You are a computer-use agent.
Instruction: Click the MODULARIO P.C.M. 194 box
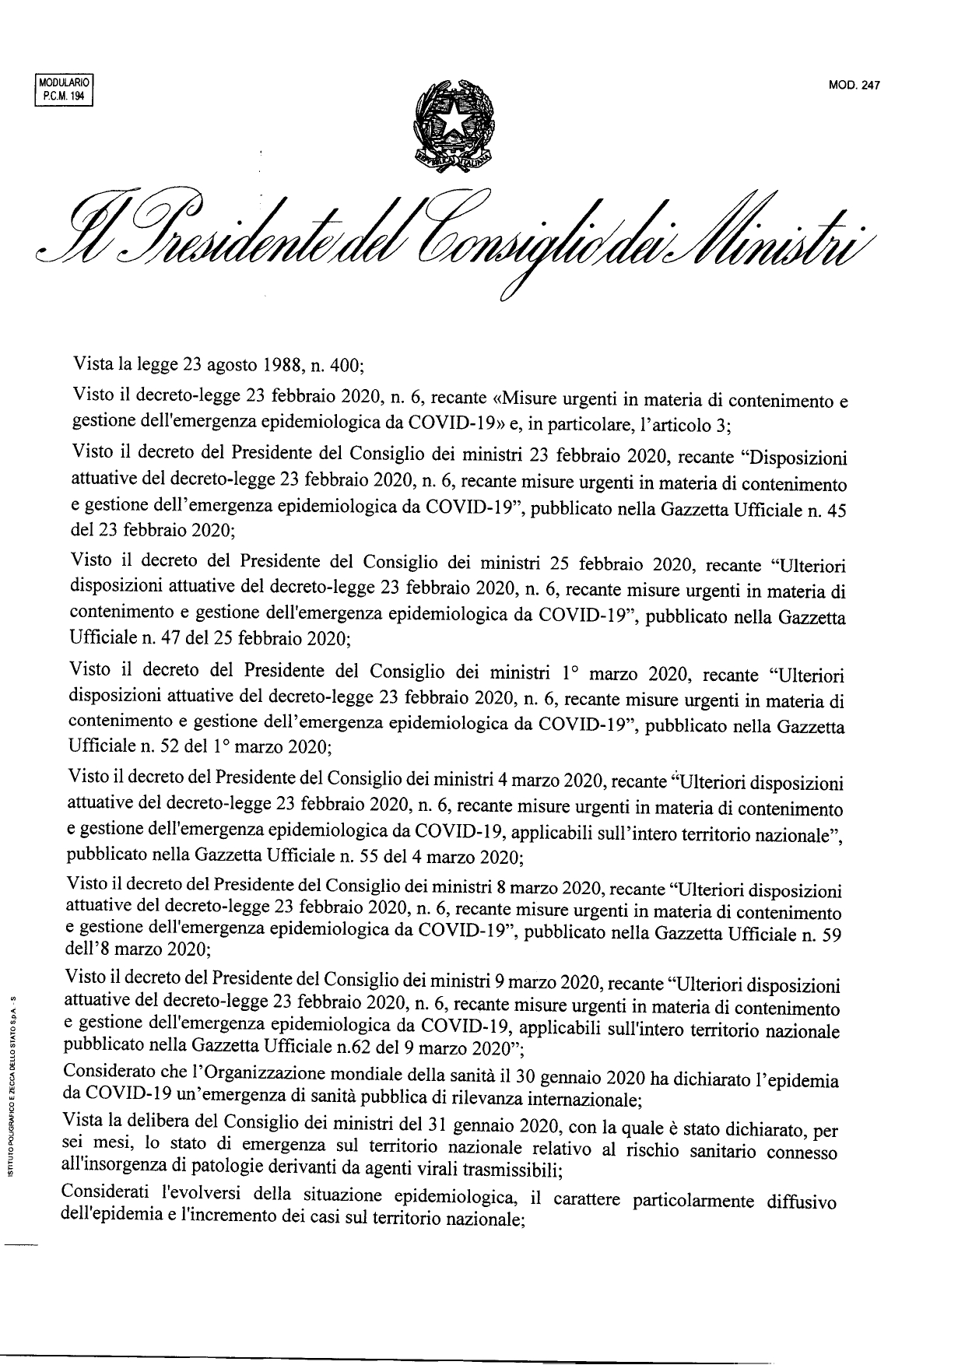click(64, 89)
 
